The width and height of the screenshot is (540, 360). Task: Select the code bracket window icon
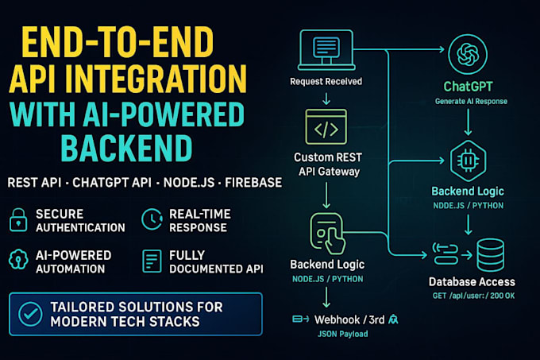point(326,127)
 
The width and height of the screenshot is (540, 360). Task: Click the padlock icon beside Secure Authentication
point(17,220)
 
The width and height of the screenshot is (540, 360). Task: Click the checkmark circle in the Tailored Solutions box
point(29,314)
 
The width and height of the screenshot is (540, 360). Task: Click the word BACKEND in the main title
point(125,149)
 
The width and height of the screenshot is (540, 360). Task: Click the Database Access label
point(472,281)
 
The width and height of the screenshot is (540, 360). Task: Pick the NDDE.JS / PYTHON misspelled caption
point(467,206)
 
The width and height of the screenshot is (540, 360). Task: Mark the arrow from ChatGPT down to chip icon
point(467,123)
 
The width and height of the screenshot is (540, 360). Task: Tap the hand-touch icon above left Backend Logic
point(326,232)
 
